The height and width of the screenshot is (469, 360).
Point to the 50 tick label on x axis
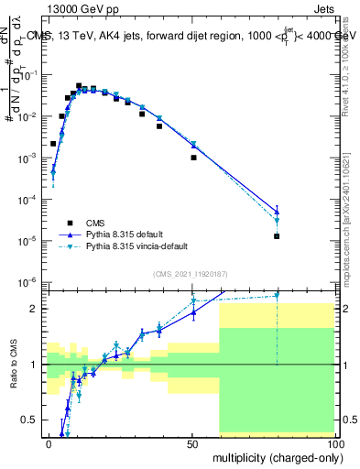(192, 444)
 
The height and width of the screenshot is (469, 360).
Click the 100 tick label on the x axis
(335, 444)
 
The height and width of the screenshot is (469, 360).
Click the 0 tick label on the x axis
(49, 444)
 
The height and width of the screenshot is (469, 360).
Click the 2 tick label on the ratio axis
(34, 309)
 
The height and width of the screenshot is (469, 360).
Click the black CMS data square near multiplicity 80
(277, 236)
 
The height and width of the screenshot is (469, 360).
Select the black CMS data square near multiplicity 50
(193, 158)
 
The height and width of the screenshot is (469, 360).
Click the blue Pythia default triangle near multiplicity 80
(277, 212)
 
